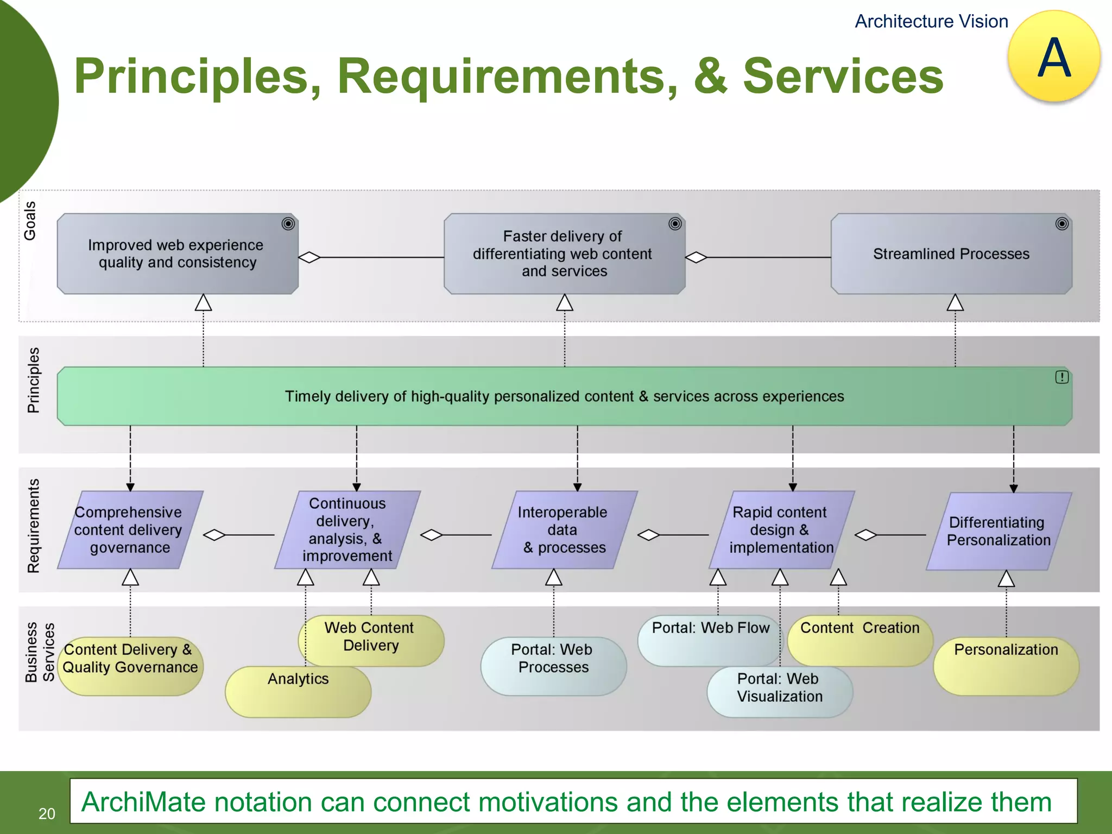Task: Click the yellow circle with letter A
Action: (x=1053, y=56)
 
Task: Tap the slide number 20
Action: (x=47, y=813)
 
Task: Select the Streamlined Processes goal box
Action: (x=951, y=254)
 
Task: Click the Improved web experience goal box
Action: (x=177, y=254)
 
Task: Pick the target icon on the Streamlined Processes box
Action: (x=1062, y=224)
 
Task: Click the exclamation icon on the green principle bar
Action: (x=1062, y=377)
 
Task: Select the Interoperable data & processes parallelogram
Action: (x=564, y=530)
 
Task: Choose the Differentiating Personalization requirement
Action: (x=998, y=531)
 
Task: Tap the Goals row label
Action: (x=30, y=220)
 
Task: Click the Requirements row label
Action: (x=34, y=526)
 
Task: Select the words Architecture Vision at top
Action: (x=931, y=22)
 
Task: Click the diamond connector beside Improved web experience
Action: (x=309, y=257)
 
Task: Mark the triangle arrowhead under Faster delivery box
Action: (x=564, y=303)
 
